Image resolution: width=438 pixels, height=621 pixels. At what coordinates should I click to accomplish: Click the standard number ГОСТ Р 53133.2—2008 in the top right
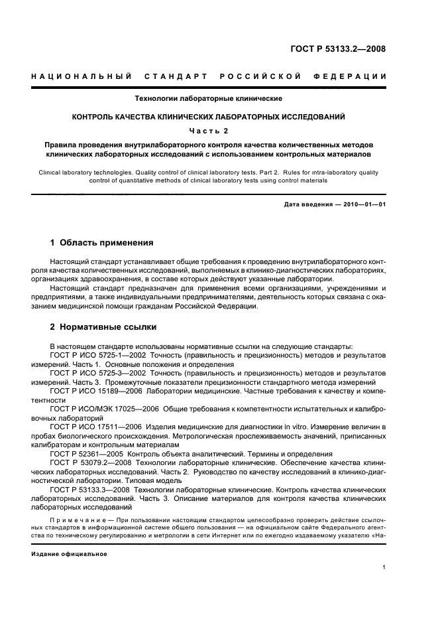point(339,48)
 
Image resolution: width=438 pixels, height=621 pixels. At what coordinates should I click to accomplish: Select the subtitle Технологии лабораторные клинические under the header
point(209,98)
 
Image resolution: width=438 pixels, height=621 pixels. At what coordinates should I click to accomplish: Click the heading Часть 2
point(209,130)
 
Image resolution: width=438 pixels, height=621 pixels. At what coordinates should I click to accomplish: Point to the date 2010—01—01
point(363,204)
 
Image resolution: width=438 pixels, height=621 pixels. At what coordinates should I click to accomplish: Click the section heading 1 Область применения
point(101,243)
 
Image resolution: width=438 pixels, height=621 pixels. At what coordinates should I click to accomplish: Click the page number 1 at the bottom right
point(384,567)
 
